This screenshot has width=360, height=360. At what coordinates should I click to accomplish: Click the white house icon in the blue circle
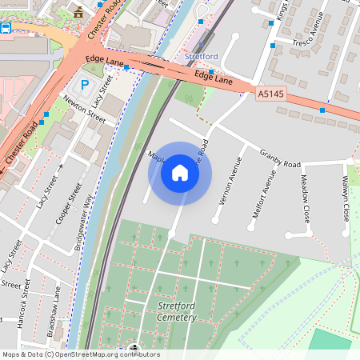180,173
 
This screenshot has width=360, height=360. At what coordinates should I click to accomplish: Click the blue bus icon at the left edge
5,28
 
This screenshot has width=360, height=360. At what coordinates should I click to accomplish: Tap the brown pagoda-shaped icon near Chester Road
78,12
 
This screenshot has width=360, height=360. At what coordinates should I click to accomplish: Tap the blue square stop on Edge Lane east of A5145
322,110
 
